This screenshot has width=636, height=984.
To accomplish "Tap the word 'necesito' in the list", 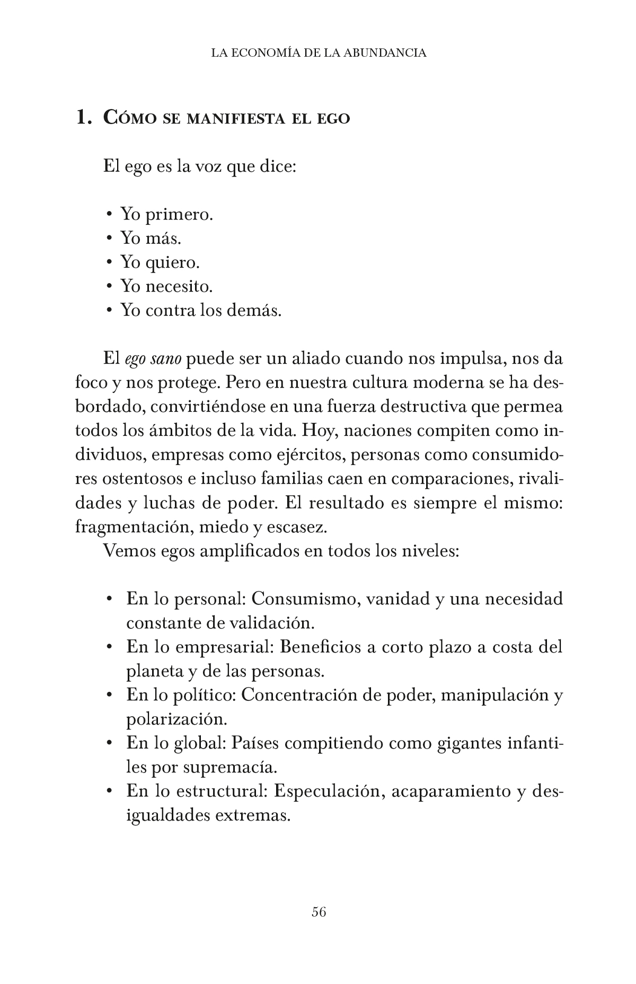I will (179, 286).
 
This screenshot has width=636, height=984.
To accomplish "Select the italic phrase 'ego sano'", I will (153, 359).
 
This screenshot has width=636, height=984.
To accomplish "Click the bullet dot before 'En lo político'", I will (109, 695).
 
